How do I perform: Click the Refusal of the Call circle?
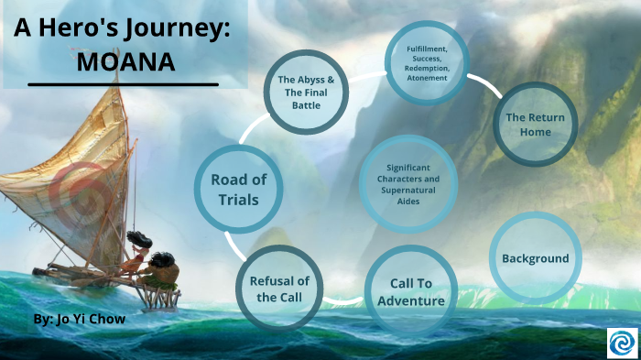tap(283, 288)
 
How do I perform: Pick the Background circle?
tap(535, 257)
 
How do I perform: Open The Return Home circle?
tap(535, 125)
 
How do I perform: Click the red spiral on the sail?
tap(73, 189)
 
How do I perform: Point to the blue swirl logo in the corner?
tap(622, 342)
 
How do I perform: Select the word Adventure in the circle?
tap(411, 301)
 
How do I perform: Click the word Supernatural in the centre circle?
tap(409, 190)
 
